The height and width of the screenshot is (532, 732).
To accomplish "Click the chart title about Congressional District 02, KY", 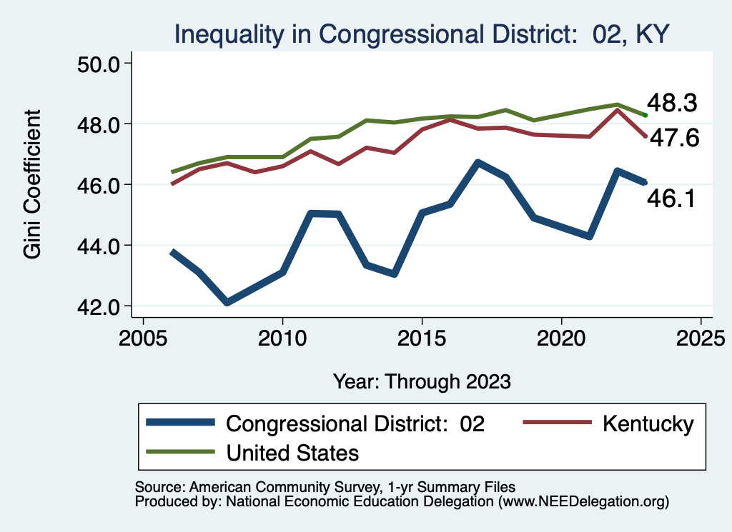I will (x=422, y=34).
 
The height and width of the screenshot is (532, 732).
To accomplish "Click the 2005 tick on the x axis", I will (x=143, y=336).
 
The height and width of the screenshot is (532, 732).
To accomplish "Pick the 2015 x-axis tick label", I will (x=422, y=336).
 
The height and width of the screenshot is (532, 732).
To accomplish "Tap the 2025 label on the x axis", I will (x=701, y=336).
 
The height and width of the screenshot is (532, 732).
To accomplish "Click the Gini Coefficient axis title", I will (x=33, y=184).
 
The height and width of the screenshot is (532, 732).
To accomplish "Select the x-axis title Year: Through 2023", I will (x=422, y=381).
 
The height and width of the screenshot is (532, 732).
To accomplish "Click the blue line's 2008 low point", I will (x=227, y=303).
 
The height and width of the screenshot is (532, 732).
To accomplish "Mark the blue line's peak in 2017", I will (x=478, y=163).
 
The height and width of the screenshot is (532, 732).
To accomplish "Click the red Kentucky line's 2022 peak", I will (x=618, y=110).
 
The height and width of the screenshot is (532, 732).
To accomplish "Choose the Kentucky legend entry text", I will (x=648, y=423).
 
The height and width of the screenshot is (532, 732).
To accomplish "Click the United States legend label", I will (x=292, y=453).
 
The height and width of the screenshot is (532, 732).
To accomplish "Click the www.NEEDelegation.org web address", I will (x=584, y=501).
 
